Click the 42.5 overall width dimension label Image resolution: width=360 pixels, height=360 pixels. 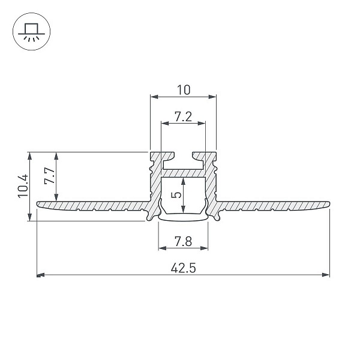coord(183,268)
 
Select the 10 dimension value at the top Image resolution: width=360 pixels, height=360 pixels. coord(184,90)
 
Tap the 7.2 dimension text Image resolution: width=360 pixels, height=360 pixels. coord(183,117)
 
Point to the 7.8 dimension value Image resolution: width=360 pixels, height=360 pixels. coord(183,242)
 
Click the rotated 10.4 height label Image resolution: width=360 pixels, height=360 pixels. coord(23,186)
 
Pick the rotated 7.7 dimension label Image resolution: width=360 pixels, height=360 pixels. coord(49,176)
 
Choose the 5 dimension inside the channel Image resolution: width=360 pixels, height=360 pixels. coord(176,195)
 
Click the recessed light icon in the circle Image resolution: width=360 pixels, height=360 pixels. coord(31,32)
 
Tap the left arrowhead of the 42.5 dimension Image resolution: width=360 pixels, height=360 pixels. coord(40,275)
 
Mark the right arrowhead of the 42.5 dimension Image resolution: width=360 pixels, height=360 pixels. coord(326,275)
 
